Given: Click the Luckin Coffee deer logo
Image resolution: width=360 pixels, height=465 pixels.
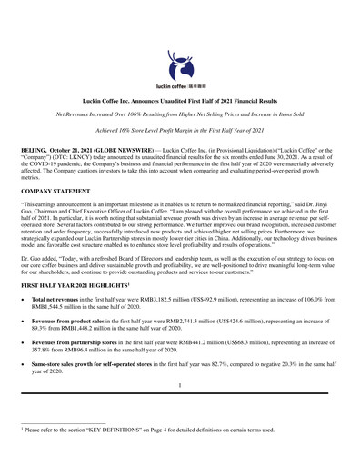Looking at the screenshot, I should (179, 63).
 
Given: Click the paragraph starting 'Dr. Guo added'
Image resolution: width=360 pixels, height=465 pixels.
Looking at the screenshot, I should (179, 264).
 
